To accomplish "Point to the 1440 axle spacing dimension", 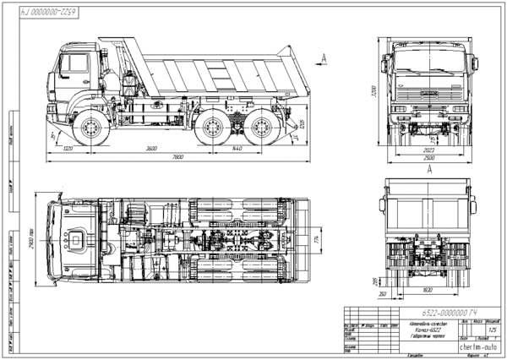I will [x=237, y=149].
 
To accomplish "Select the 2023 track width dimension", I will [x=430, y=150].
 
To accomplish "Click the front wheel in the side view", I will [x=88, y=129].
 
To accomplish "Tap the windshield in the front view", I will [x=430, y=63].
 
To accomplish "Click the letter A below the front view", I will [x=430, y=170].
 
